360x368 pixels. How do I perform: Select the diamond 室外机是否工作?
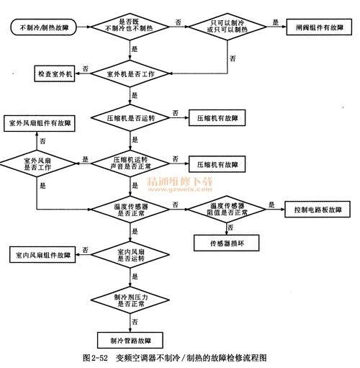[131, 74]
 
